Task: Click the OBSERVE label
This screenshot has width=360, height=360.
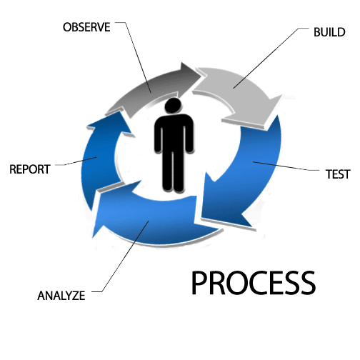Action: point(86,27)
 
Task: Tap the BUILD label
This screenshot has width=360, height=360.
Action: point(329,32)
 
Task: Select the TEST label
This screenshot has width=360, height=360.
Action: point(338,174)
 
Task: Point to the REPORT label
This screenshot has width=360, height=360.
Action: point(30,169)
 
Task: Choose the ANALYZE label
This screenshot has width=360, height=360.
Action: point(61,296)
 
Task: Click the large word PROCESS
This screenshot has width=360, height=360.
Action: point(254,283)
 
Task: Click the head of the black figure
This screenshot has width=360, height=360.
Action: point(173,105)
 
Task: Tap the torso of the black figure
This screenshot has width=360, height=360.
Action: point(174,134)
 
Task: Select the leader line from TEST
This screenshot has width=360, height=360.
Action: point(286,166)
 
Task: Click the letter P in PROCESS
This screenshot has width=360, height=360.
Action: point(200,283)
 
